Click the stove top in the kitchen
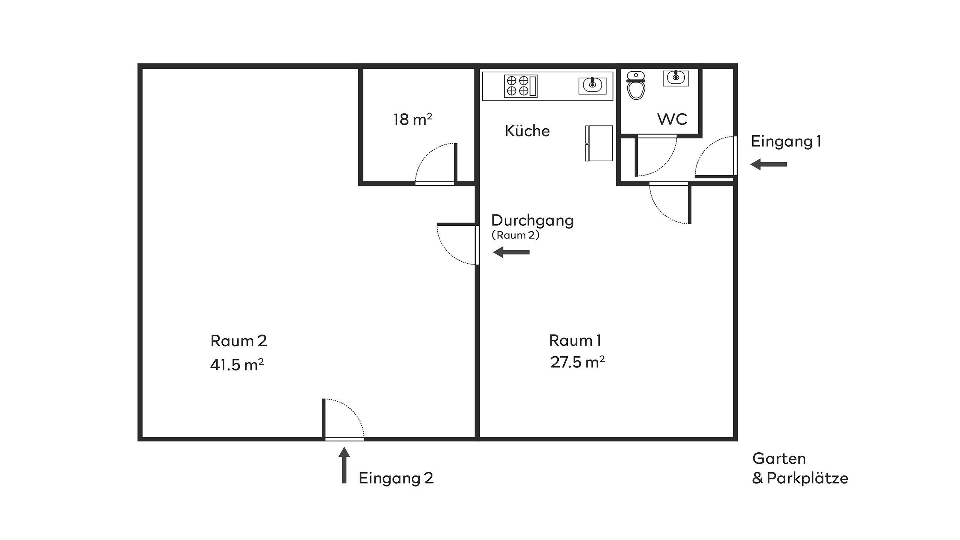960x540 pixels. tap(521, 86)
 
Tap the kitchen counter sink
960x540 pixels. tap(592, 85)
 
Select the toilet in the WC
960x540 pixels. tap(636, 85)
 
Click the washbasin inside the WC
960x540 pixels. tap(676, 78)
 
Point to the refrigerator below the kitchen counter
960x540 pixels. tap(599, 143)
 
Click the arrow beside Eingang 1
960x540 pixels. tap(768, 164)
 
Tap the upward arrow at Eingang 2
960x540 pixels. tap(344, 465)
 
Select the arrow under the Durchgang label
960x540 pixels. tap(511, 252)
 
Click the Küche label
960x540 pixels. tap(527, 131)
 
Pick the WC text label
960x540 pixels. tap(672, 119)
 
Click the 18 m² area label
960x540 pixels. tap(413, 119)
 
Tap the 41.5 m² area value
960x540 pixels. tap(237, 364)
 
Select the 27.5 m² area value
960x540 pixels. tap(577, 362)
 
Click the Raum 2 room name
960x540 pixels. tap(239, 341)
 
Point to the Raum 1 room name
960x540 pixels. tap(575, 340)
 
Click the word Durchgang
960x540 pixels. tap(532, 220)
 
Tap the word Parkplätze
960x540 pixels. tap(807, 478)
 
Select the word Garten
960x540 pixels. tap(779, 459)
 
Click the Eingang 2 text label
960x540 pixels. tap(396, 478)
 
